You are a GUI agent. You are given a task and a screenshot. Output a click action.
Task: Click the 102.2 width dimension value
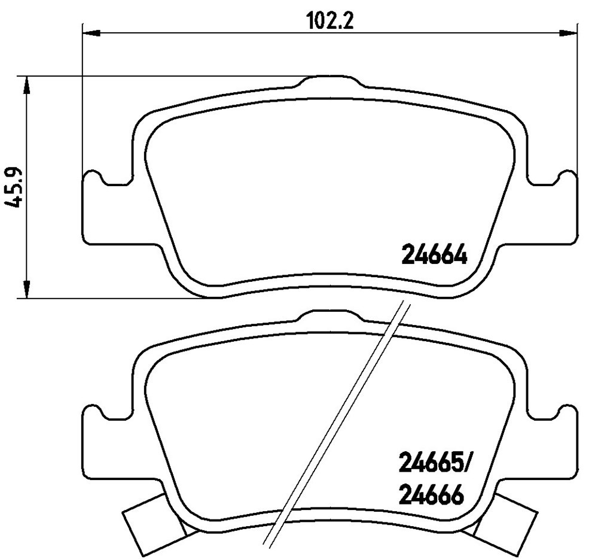[x=331, y=21]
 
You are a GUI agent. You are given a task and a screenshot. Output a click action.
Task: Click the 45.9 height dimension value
[x=14, y=187]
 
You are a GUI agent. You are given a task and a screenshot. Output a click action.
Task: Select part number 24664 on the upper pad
[x=434, y=255]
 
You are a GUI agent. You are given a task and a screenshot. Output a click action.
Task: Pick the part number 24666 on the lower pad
[x=431, y=495]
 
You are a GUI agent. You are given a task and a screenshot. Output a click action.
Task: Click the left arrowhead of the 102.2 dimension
[x=91, y=33]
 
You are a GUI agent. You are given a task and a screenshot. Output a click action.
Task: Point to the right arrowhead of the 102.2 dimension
[x=568, y=33]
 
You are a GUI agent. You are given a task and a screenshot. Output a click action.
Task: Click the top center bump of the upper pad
[x=329, y=81]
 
